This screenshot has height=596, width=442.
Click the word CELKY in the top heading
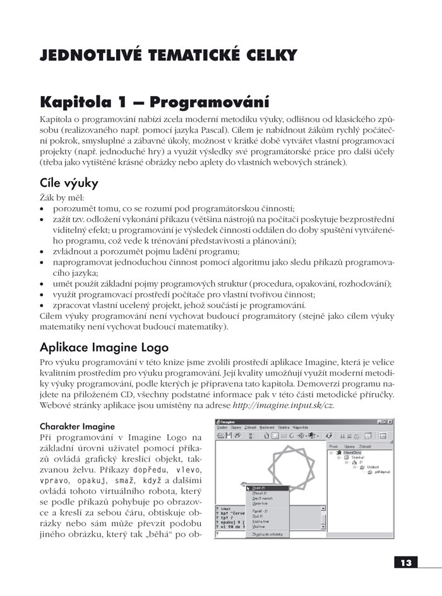[266, 56]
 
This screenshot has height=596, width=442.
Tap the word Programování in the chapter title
[210, 102]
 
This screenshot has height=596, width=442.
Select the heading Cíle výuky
[69, 184]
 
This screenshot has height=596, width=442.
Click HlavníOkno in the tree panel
[355, 453]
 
